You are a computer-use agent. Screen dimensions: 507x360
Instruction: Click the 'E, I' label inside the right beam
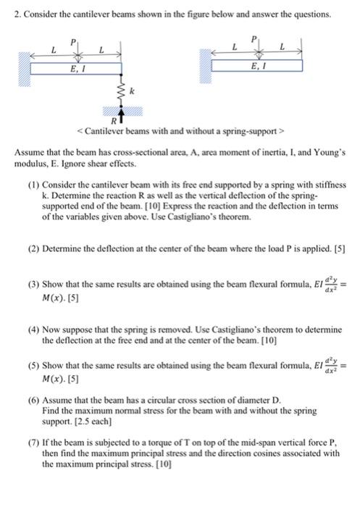[x=256, y=66]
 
